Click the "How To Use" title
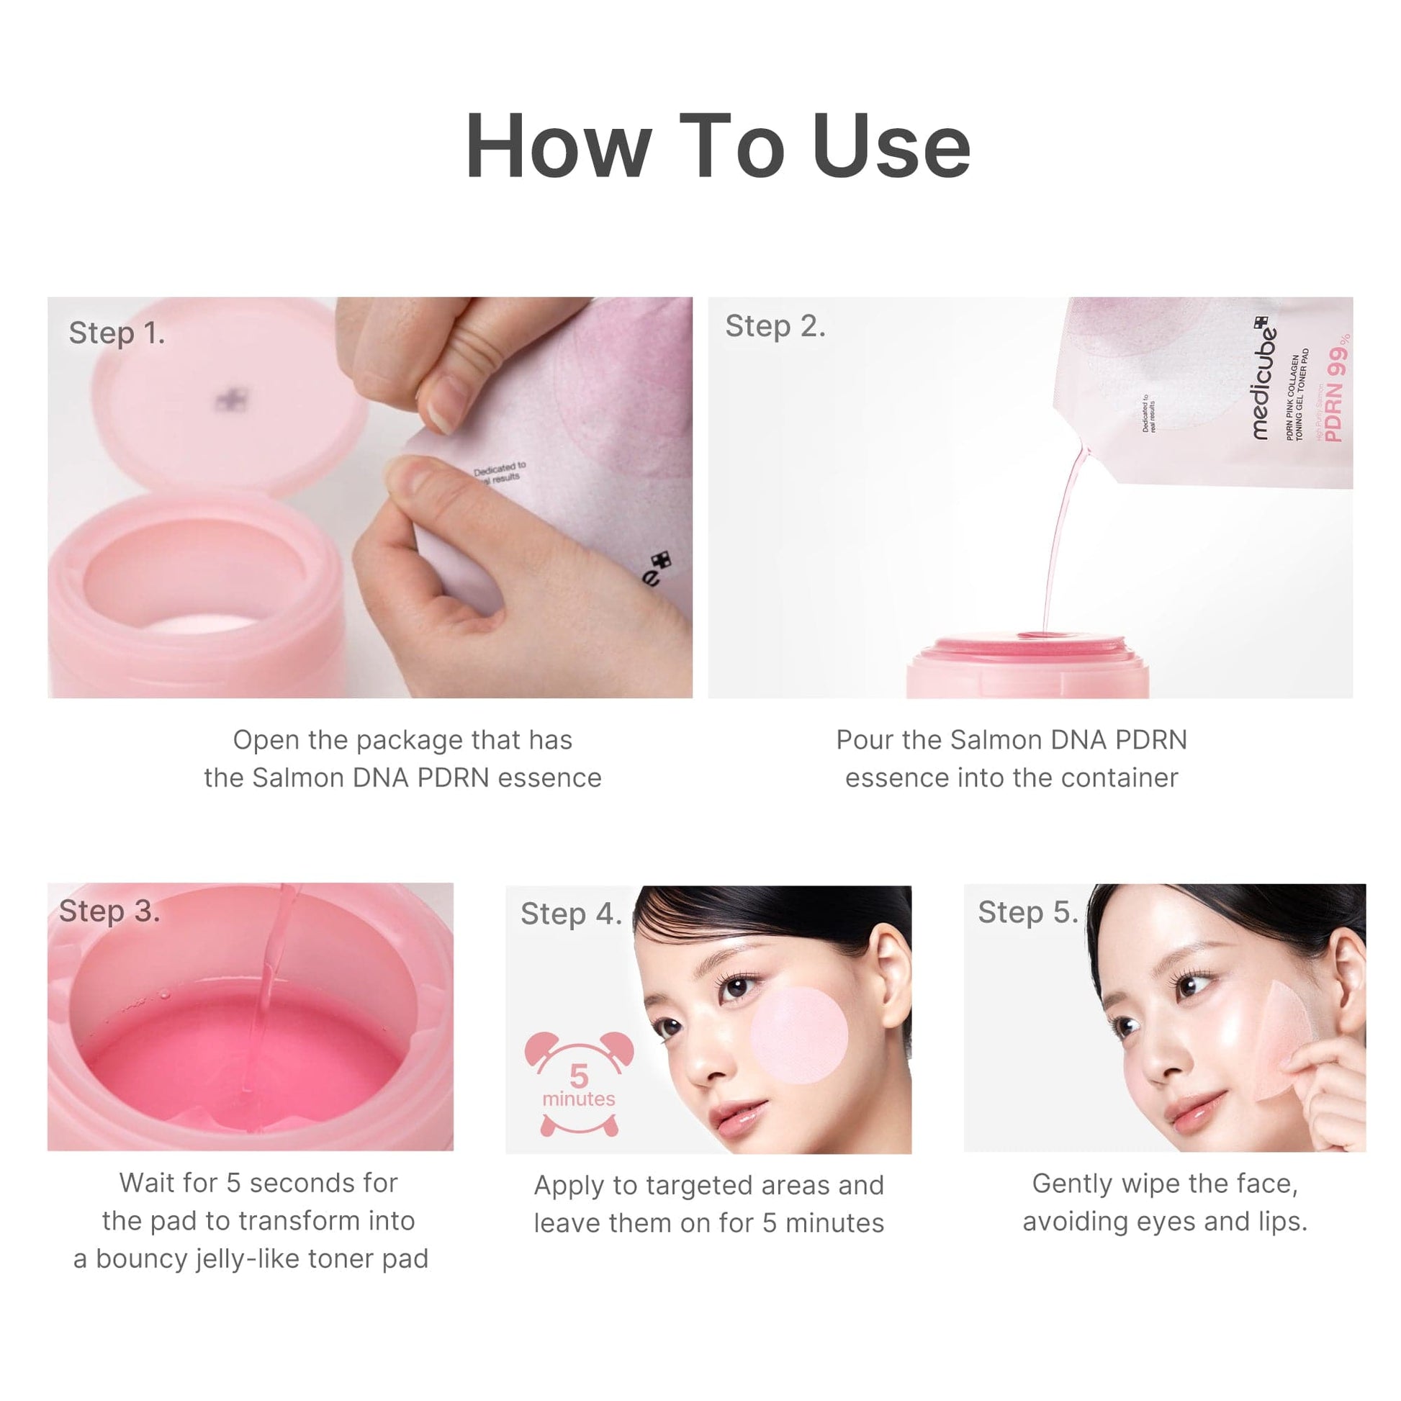pyautogui.click(x=717, y=147)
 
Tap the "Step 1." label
pyautogui.click(x=117, y=333)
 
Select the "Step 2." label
pyautogui.click(x=775, y=326)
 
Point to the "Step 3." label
pyautogui.click(x=109, y=911)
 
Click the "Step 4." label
pyautogui.click(x=571, y=914)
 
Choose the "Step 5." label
pyautogui.click(x=1027, y=912)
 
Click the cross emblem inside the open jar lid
pyautogui.click(x=230, y=400)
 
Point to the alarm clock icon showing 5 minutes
pyautogui.click(x=578, y=1084)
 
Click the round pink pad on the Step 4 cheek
pyautogui.click(x=798, y=1035)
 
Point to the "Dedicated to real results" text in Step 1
pyautogui.click(x=499, y=472)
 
